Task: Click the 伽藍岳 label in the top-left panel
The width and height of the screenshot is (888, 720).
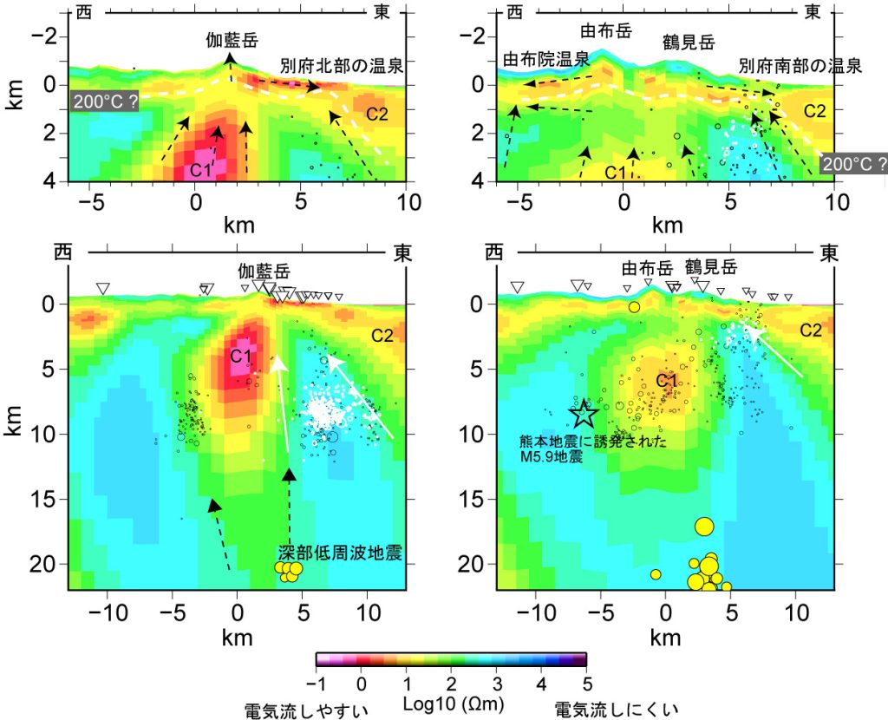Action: coord(232,40)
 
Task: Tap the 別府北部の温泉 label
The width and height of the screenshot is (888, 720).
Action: coord(343,66)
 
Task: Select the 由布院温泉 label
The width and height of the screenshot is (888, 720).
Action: coord(546,59)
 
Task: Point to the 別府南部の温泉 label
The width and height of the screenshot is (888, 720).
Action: coord(800,66)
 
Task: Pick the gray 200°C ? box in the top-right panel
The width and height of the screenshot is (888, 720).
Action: coord(854,163)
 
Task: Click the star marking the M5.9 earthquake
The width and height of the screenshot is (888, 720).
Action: coord(584,414)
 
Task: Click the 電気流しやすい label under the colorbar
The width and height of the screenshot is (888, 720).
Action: coord(307,710)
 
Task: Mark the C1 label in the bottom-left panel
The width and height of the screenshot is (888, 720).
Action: coord(240,356)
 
